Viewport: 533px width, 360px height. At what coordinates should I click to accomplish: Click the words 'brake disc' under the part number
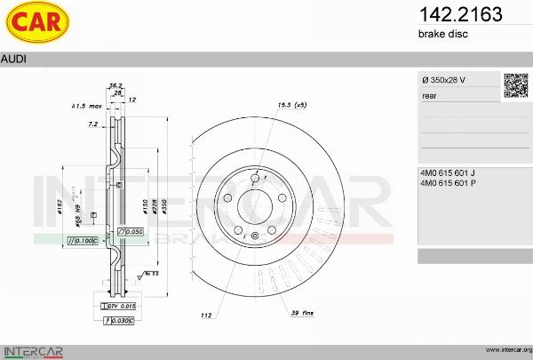pos(442,34)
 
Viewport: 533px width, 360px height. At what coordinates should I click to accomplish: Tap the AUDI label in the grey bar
pos(13,59)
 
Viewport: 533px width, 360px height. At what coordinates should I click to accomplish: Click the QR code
pos(515,84)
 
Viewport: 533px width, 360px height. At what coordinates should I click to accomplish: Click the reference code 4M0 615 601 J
pos(449,172)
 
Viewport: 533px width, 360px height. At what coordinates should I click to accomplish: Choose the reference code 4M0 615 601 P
pos(449,183)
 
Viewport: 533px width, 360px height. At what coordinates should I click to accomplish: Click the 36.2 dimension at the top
pos(115,85)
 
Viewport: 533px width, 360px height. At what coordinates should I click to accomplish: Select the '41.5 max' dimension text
pos(87,107)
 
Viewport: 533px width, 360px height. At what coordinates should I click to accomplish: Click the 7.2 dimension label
pos(93,124)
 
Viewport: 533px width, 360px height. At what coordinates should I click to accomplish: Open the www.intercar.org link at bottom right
pos(507,351)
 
